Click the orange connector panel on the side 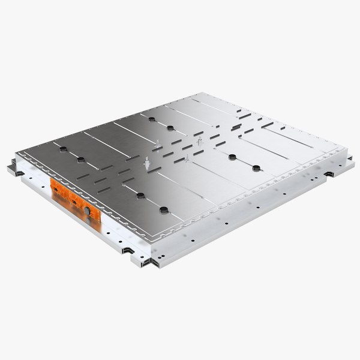(x=71, y=199)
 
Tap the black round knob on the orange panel (x=87, y=211)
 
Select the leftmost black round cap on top (x=80, y=160)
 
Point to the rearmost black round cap (x=170, y=128)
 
